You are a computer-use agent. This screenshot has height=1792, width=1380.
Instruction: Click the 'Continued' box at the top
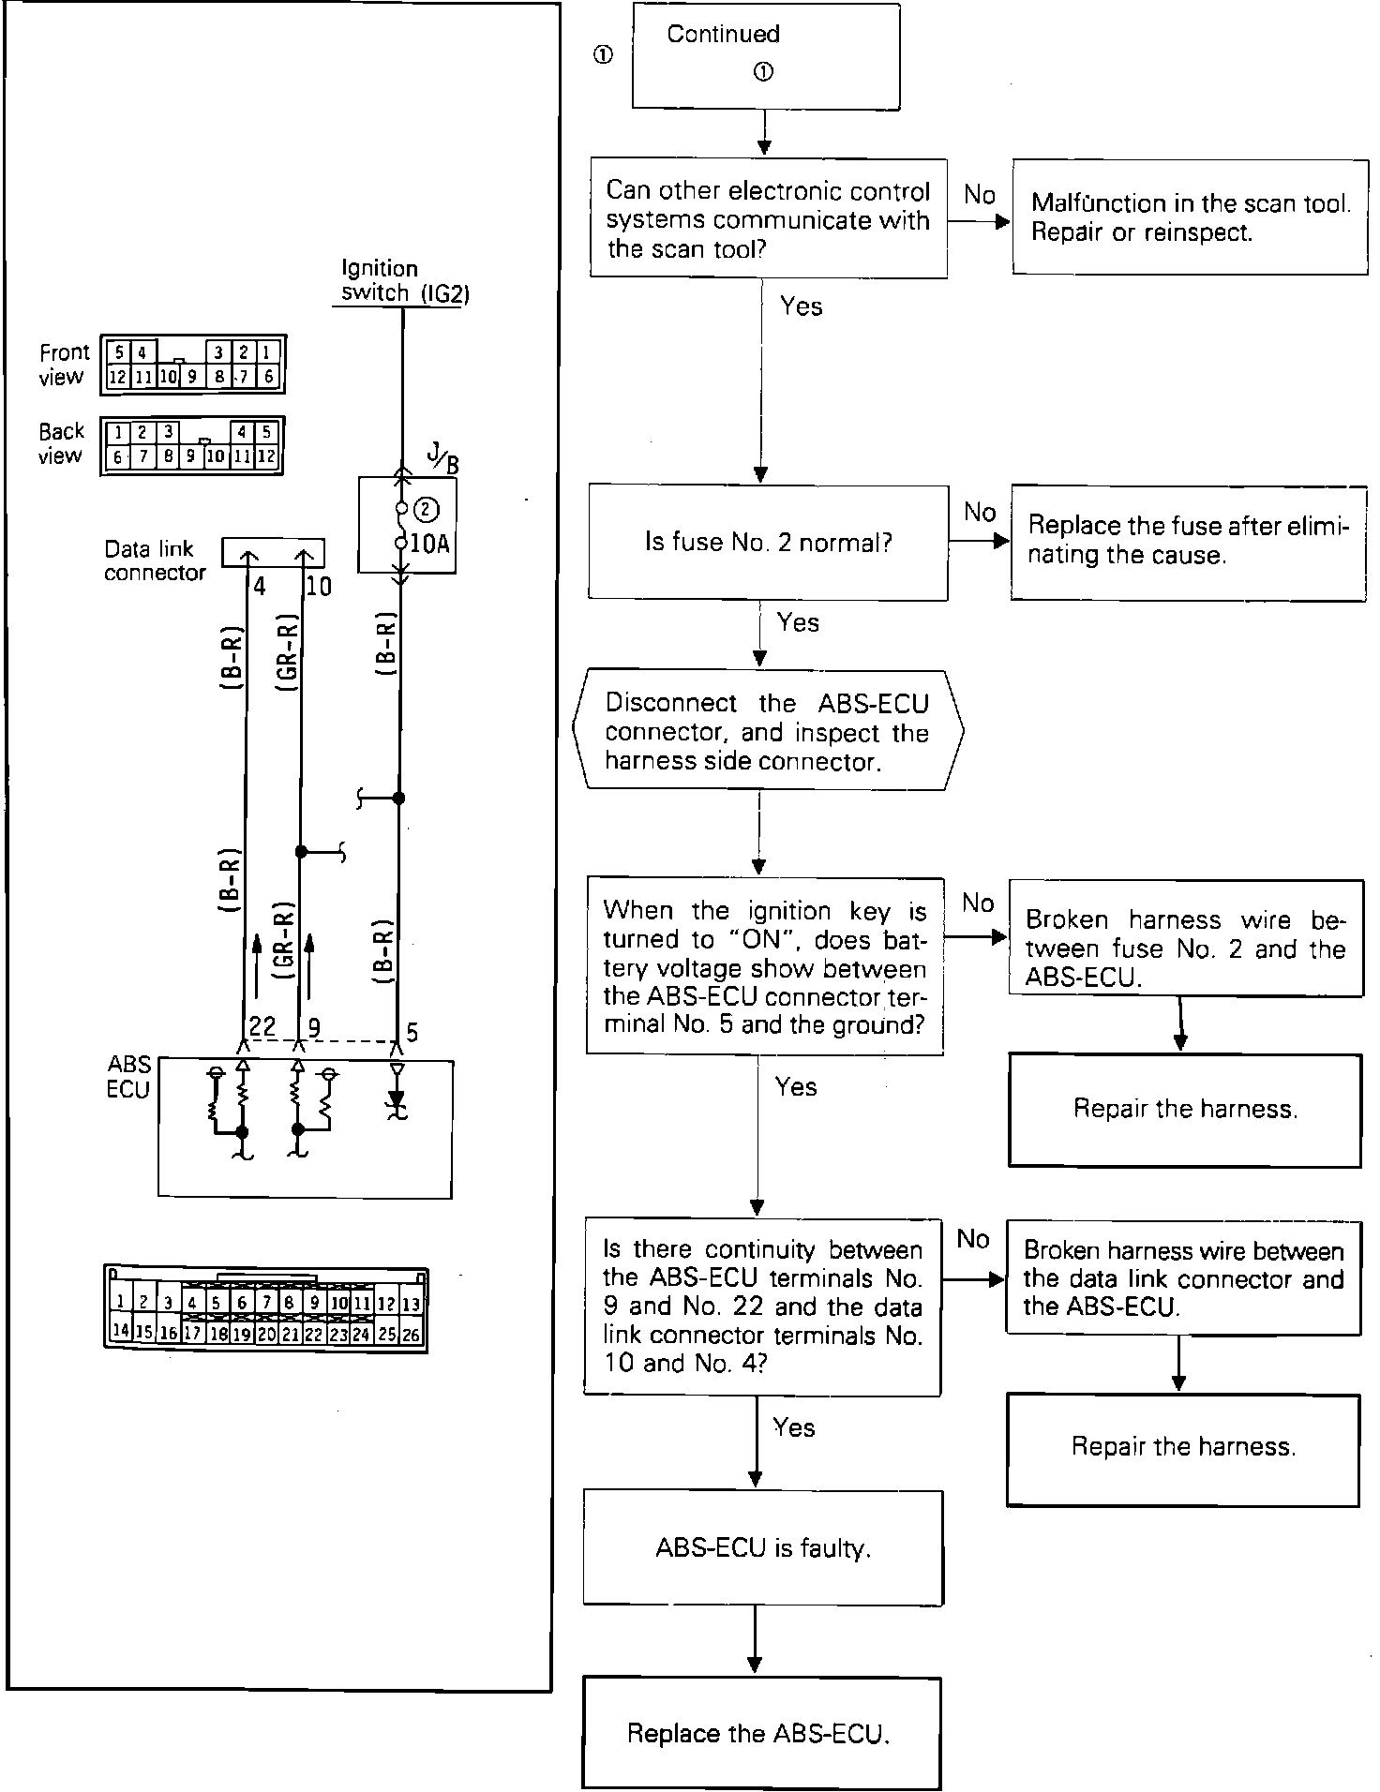point(766,55)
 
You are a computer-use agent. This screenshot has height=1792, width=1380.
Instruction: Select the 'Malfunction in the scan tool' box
point(1190,217)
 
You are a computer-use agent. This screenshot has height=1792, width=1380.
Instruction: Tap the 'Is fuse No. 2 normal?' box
point(768,543)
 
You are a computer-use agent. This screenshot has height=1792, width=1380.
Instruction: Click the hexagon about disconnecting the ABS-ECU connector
point(767,731)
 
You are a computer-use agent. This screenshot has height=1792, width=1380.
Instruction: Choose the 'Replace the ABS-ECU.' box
point(760,1733)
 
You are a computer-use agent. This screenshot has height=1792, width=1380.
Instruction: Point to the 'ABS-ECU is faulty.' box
point(763,1547)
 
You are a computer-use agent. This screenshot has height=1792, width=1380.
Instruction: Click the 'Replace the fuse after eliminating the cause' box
point(1188,542)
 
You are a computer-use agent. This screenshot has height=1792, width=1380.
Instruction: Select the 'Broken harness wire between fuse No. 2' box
point(1185,937)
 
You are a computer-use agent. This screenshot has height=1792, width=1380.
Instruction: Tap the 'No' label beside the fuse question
point(980,513)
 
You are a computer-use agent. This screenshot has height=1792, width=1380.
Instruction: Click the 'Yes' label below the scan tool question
point(802,306)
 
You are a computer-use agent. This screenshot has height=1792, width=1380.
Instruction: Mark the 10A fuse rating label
point(431,544)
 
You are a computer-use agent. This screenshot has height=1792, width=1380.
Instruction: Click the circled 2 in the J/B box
point(426,509)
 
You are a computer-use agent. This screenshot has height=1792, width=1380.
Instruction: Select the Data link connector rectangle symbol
point(273,552)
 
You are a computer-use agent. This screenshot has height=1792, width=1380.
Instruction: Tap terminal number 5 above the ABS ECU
point(412,1033)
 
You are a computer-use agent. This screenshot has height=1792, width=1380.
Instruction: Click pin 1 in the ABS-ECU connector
point(121,1302)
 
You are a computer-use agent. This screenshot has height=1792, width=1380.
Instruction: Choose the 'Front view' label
point(64,365)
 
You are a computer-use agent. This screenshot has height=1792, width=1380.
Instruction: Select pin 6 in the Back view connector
point(117,457)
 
